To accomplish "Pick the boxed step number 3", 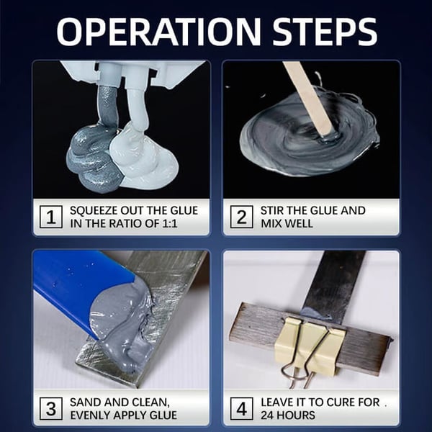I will pos(50,408).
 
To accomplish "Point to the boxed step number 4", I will pos(240,408).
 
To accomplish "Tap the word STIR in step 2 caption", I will pos(272,210).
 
